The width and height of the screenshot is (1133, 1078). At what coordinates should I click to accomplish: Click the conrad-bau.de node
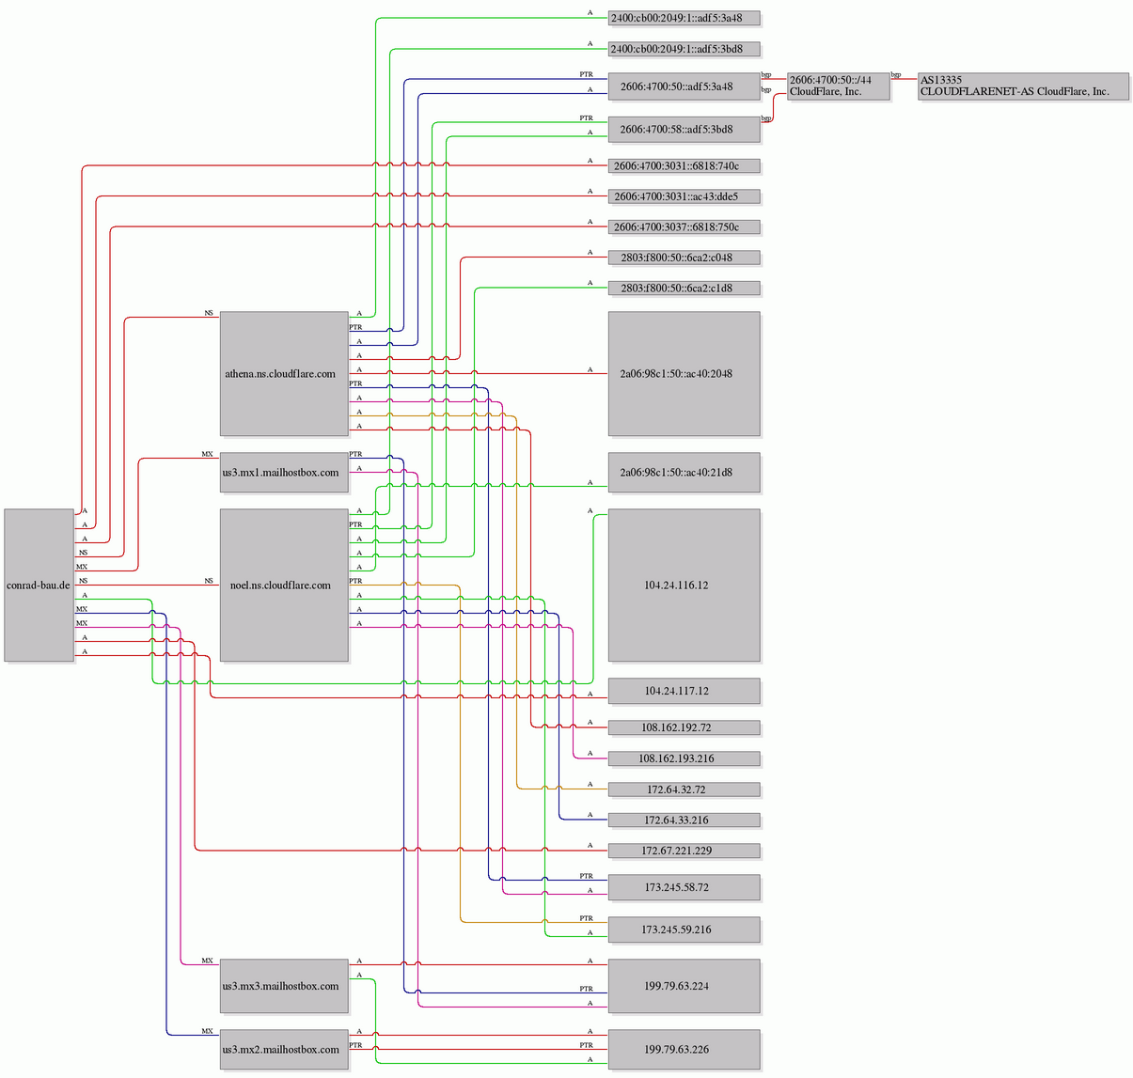39,585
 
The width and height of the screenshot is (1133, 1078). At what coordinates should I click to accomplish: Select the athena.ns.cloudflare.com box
284,373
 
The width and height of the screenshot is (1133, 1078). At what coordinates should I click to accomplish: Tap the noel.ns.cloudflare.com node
284,585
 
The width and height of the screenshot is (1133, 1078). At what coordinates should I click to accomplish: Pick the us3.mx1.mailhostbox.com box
284,472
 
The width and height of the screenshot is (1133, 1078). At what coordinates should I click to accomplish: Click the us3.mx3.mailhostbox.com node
284,986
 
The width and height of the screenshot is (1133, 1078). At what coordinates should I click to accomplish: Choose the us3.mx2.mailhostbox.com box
284,1049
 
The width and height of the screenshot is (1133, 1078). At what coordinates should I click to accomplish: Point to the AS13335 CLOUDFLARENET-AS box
1023,86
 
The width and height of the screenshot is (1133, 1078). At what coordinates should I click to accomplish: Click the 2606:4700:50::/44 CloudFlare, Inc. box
839,86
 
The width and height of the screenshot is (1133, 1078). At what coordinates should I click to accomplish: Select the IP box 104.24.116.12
685,585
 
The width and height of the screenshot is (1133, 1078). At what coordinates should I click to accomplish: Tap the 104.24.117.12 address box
685,691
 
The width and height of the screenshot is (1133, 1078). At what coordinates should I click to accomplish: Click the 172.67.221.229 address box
685,851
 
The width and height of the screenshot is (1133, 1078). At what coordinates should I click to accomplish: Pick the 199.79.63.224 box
685,986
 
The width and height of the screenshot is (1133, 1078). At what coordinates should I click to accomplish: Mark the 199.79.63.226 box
685,1049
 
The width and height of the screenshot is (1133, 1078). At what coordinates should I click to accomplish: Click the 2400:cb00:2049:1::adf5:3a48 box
685,18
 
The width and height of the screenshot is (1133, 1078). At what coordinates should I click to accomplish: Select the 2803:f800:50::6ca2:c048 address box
685,258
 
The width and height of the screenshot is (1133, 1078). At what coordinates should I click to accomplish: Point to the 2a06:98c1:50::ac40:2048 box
685,373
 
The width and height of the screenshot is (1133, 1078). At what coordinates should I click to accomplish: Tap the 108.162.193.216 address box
685,758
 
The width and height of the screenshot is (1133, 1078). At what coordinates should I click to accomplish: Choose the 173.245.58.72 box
685,887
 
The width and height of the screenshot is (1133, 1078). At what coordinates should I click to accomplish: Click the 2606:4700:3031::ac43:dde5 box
685,196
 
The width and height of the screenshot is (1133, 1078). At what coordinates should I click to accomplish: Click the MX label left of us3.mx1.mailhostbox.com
208,454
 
